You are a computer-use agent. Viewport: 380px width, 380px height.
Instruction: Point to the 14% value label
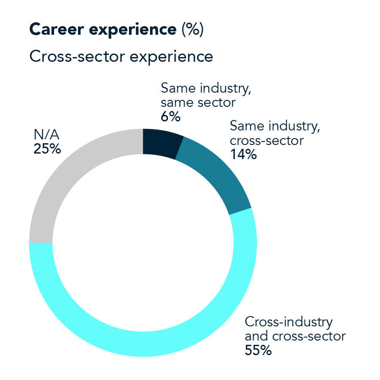tap(243, 155)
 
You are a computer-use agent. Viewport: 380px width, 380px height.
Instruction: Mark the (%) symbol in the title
tap(192, 30)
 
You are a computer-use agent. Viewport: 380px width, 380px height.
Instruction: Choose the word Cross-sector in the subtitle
tap(77, 56)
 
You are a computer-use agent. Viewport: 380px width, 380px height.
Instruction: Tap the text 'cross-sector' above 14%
tap(266, 141)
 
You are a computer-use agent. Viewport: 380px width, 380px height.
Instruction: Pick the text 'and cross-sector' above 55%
tap(295, 336)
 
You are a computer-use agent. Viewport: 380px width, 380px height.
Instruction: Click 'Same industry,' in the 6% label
tap(206, 88)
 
